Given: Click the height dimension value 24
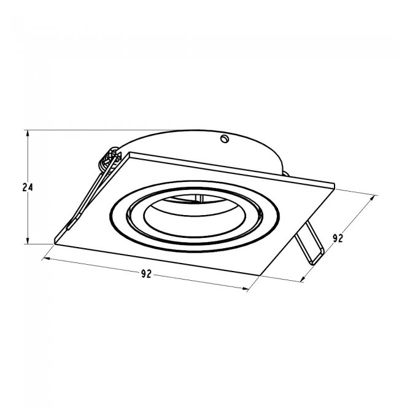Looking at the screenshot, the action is tap(28, 187).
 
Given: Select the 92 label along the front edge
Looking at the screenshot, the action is tap(146, 274).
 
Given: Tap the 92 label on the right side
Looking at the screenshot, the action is tap(338, 238).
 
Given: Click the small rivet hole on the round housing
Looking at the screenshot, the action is tap(225, 139).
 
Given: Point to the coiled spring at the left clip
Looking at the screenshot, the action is tap(110, 159).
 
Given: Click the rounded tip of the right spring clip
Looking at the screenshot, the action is tap(315, 260).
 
